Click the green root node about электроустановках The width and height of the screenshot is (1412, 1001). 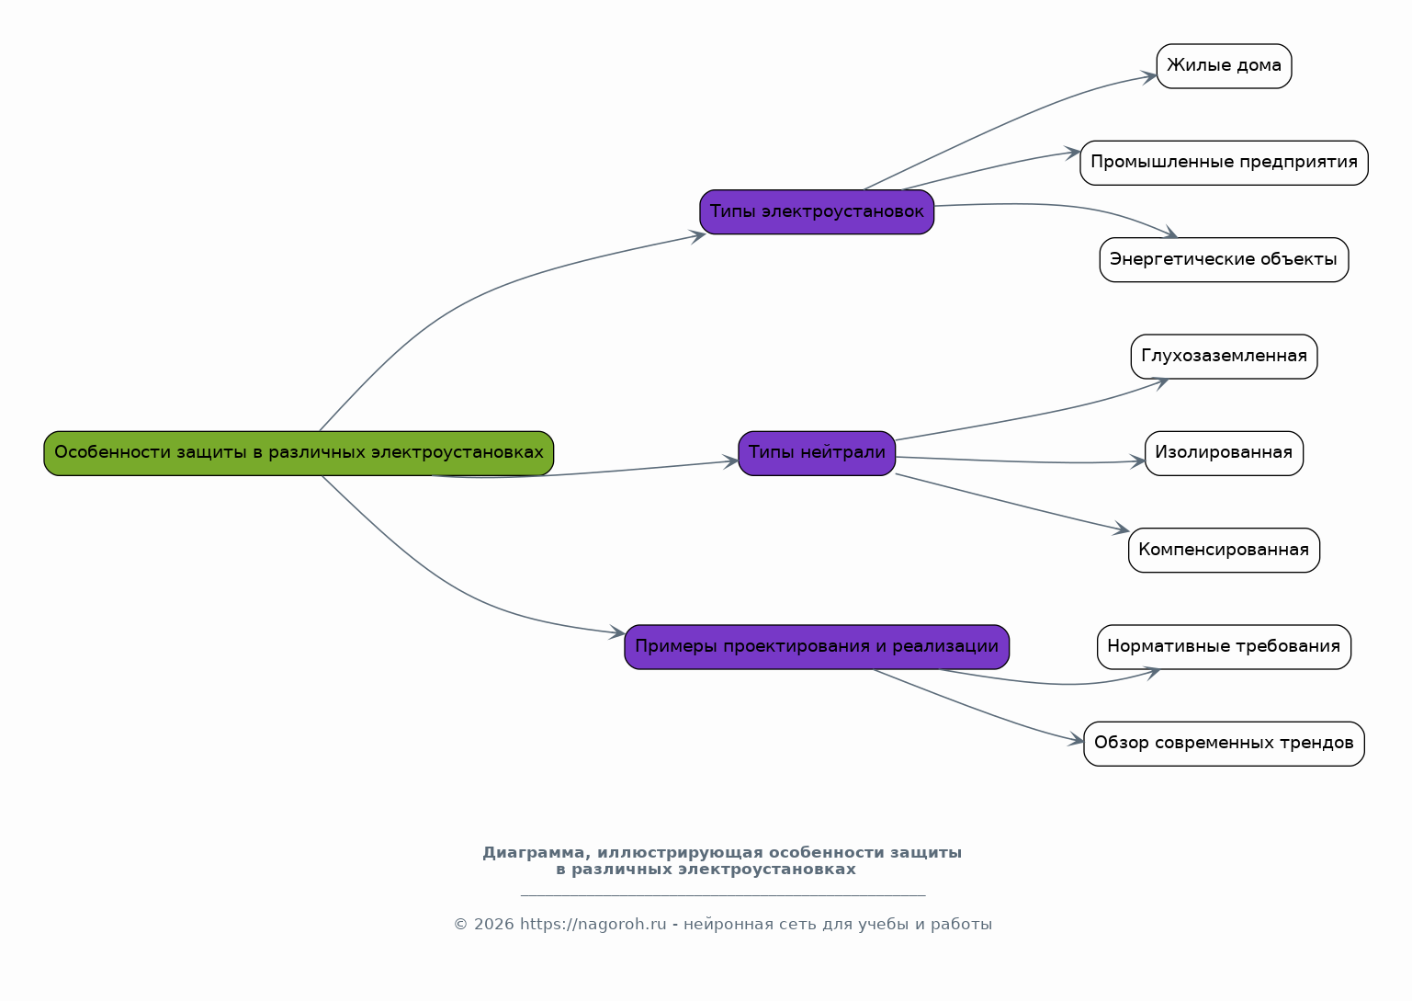(x=299, y=453)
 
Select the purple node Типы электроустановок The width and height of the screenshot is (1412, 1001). (x=817, y=212)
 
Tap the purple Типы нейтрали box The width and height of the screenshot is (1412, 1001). (x=817, y=453)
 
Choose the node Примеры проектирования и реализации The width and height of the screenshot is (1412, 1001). (x=817, y=647)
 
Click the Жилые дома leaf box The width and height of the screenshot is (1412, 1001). (x=1224, y=66)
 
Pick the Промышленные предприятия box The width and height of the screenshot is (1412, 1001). (x=1224, y=163)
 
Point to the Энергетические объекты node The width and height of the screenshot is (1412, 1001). (x=1224, y=260)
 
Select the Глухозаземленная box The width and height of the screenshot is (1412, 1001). (x=1224, y=357)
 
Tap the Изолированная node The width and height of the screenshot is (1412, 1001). (x=1224, y=453)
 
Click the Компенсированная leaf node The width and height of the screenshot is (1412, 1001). (x=1224, y=551)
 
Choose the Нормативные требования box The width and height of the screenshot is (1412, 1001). (x=1224, y=647)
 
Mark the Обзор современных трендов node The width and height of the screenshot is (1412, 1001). (x=1224, y=744)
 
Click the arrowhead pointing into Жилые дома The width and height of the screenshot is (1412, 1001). (x=1150, y=76)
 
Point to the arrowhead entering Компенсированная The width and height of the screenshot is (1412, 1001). (x=1123, y=530)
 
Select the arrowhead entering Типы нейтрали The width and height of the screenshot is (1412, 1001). (x=731, y=461)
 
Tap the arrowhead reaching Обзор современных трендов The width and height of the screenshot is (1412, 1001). (x=1078, y=741)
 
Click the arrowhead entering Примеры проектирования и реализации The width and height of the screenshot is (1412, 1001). (x=617, y=633)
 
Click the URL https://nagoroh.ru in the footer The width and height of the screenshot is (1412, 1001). (x=593, y=925)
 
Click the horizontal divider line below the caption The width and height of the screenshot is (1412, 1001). (x=722, y=895)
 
